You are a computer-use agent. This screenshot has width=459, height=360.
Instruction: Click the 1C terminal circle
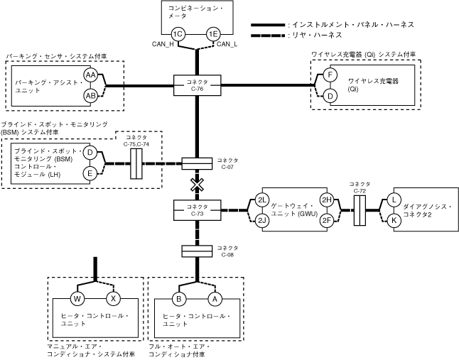tap(179, 34)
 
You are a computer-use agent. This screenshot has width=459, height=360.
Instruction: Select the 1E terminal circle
tap(212, 34)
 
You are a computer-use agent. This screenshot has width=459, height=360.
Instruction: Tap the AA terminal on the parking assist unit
tap(91, 75)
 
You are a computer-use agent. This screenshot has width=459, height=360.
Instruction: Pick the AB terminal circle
tap(91, 95)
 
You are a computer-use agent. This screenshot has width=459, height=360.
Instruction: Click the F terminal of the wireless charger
tap(330, 75)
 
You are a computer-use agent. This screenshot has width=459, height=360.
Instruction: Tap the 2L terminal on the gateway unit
tap(262, 200)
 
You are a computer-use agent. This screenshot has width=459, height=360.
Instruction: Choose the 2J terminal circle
tap(262, 219)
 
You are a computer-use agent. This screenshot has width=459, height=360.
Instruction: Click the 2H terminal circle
tap(327, 200)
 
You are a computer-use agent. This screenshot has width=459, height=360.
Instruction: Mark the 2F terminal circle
tap(327, 219)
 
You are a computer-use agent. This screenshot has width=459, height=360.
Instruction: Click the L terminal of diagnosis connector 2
tap(393, 201)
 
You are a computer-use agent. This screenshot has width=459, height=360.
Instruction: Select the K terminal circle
tap(393, 220)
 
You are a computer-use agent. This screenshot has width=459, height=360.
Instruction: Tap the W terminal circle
tap(77, 298)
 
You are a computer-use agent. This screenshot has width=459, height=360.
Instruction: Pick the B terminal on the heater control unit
tap(180, 298)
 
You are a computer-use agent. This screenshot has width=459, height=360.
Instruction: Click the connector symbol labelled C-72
tap(360, 211)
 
